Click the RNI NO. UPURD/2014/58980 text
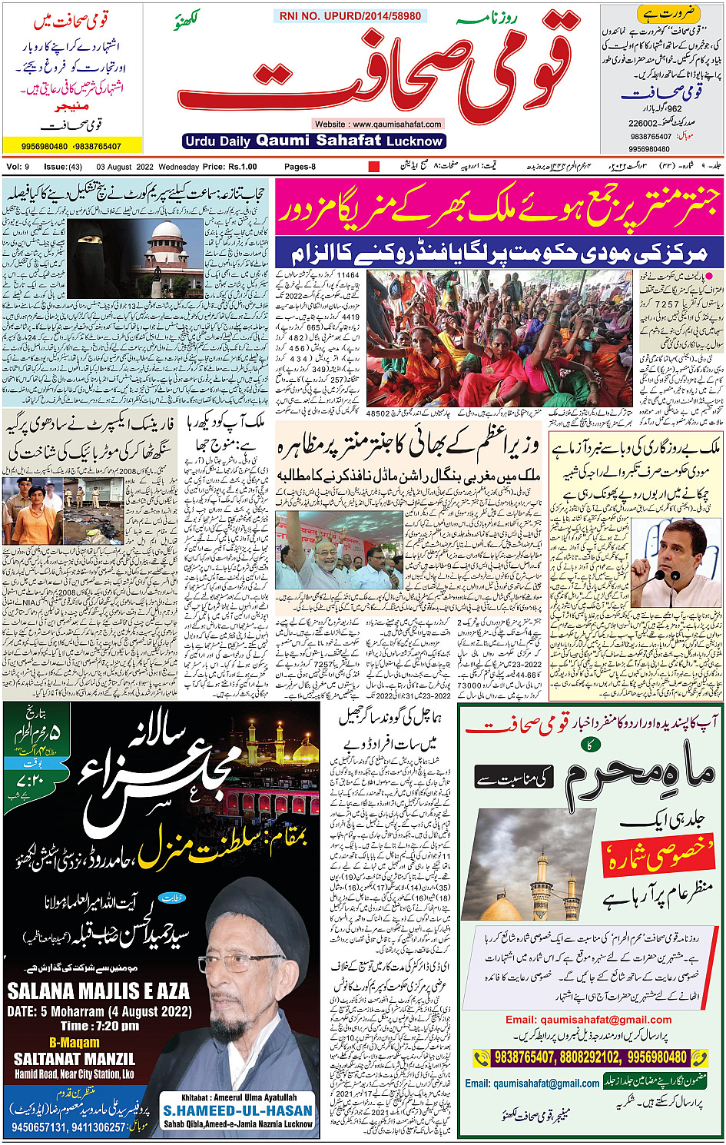pos(350,15)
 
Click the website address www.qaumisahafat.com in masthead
pos(378,124)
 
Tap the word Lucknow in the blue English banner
pos(415,141)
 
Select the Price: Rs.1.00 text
pos(230,167)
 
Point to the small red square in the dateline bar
pos(374,167)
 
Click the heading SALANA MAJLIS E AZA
pos(98,991)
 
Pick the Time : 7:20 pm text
pos(100,1026)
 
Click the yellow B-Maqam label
pos(75,1043)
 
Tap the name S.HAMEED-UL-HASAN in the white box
pos(238,1110)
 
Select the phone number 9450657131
pos(37,1127)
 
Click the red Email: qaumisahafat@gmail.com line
pos(588,1020)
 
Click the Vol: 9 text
pos(18,167)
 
